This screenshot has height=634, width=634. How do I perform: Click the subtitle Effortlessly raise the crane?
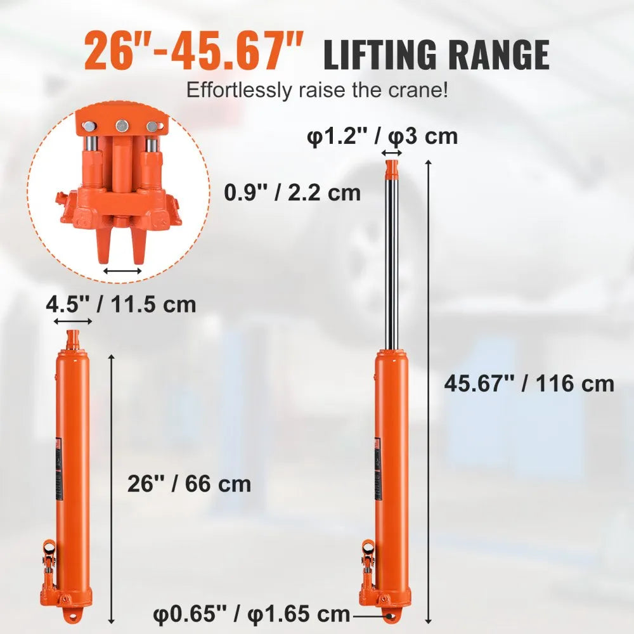(x=317, y=90)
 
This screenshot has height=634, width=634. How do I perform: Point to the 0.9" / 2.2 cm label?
(x=292, y=191)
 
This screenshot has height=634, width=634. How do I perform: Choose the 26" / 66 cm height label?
(x=190, y=484)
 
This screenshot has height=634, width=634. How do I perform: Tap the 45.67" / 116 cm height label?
(x=529, y=384)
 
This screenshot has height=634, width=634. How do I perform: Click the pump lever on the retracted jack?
(x=49, y=558)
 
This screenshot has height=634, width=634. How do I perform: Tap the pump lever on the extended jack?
(x=367, y=558)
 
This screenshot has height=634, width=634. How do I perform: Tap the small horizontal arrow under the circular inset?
(x=122, y=271)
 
